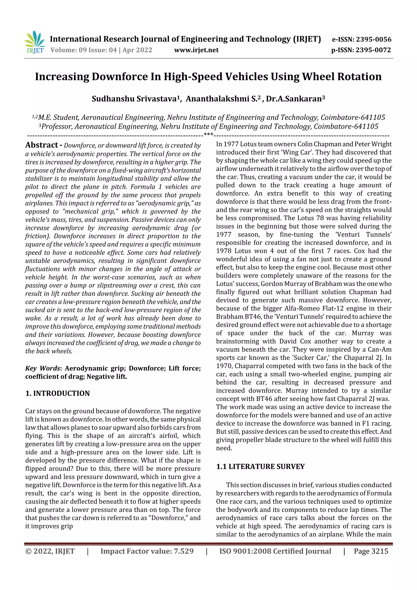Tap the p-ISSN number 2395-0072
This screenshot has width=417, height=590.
(x=373, y=50)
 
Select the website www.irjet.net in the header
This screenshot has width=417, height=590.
(x=196, y=50)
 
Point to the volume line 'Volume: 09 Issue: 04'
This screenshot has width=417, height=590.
(x=83, y=50)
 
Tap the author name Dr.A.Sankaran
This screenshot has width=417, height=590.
(x=294, y=99)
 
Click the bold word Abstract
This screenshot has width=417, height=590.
(x=42, y=145)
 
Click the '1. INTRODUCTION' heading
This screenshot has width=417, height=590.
(x=58, y=393)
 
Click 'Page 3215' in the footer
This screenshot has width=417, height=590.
(x=371, y=551)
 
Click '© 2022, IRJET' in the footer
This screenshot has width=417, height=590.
(x=50, y=551)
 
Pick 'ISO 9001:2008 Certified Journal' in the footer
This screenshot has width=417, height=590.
(x=275, y=551)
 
